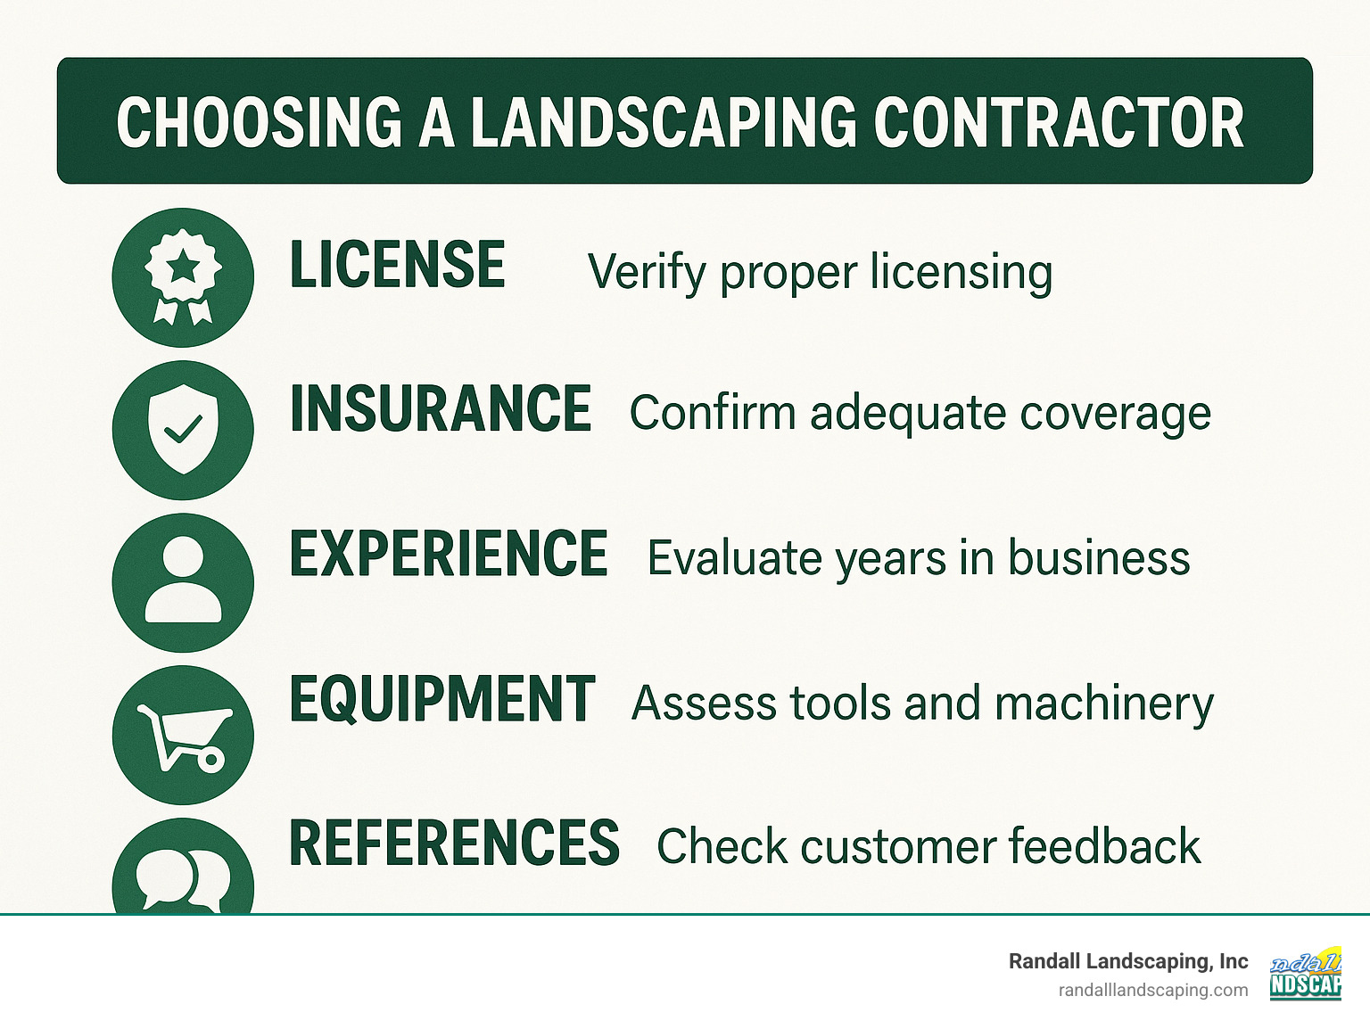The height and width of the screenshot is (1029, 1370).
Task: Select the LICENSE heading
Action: (398, 265)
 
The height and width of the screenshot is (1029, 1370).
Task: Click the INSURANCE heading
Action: (441, 409)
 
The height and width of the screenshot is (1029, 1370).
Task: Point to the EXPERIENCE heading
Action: (449, 554)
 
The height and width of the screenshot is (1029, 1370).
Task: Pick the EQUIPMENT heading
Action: (442, 698)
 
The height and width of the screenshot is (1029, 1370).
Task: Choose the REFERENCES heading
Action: (454, 843)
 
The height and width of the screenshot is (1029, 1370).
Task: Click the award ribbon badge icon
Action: (183, 277)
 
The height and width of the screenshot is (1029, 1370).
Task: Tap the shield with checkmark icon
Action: (183, 430)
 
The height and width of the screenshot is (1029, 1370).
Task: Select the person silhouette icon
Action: (183, 582)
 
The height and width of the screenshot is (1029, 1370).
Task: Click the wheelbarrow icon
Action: (183, 735)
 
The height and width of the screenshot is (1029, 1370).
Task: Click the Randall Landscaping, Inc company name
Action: (1128, 961)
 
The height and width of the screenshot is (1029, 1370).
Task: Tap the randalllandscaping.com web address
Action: (1153, 990)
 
